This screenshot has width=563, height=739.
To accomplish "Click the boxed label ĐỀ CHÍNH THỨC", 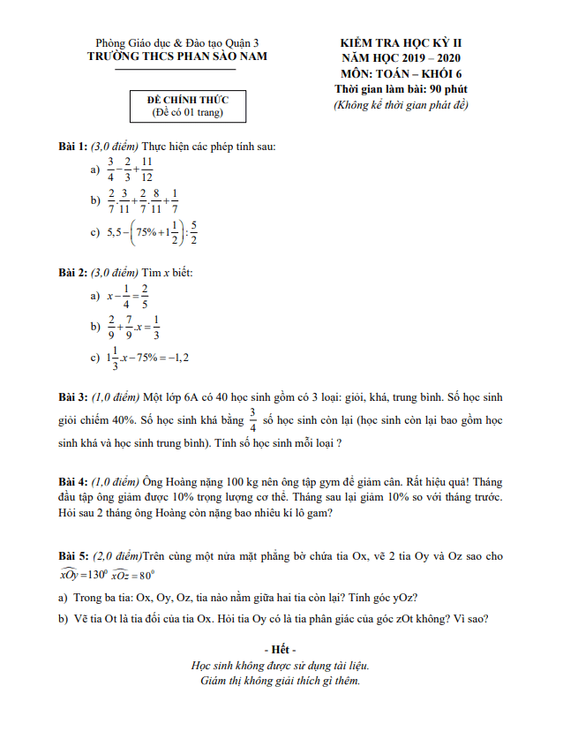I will click(x=186, y=100).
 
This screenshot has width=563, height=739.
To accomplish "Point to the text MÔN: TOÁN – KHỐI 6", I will click(x=401, y=73).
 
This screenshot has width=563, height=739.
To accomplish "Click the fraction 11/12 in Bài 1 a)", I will click(x=146, y=169).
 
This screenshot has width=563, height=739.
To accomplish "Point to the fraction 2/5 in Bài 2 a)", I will click(x=145, y=297).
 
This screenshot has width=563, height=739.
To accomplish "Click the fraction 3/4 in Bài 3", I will click(x=252, y=419).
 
